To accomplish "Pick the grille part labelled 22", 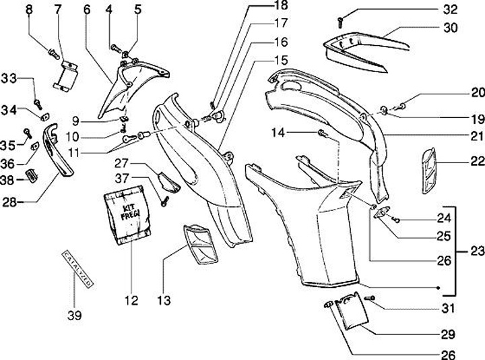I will coord(428,171).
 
